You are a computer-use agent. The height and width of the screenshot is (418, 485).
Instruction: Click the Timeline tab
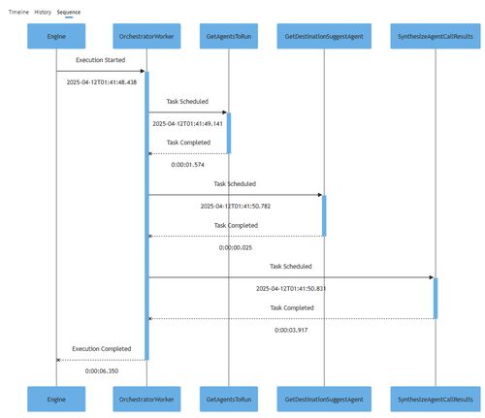18,12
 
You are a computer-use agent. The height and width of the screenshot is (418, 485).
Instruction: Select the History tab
43,12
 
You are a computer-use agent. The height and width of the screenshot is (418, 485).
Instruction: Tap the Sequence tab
69,13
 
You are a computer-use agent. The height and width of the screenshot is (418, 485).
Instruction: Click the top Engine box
56,36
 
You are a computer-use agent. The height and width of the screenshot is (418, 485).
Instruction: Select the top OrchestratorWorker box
146,36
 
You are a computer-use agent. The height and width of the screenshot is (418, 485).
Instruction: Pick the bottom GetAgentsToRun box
229,399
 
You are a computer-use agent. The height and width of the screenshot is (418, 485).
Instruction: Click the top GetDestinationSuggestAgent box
324,36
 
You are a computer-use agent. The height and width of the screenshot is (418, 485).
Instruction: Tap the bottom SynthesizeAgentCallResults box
436,399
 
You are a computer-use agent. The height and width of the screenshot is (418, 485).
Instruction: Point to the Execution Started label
101,60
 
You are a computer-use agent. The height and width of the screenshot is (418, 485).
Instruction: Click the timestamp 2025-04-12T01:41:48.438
102,82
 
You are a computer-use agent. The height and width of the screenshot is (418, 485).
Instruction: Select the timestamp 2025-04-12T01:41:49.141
187,123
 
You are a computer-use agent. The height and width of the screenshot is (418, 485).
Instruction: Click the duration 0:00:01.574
187,165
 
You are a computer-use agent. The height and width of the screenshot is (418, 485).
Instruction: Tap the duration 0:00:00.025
236,247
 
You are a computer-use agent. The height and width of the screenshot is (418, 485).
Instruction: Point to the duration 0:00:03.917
291,330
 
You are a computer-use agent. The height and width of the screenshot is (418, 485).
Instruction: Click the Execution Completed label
102,349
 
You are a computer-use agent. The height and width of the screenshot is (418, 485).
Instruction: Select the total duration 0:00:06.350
102,370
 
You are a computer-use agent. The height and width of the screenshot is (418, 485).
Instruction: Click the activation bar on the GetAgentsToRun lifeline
229,133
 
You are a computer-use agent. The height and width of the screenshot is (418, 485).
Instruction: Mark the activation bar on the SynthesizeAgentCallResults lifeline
436,298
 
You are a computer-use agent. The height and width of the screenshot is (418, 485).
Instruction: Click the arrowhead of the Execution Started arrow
143,71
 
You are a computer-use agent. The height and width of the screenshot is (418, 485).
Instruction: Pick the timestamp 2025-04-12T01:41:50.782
236,206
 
